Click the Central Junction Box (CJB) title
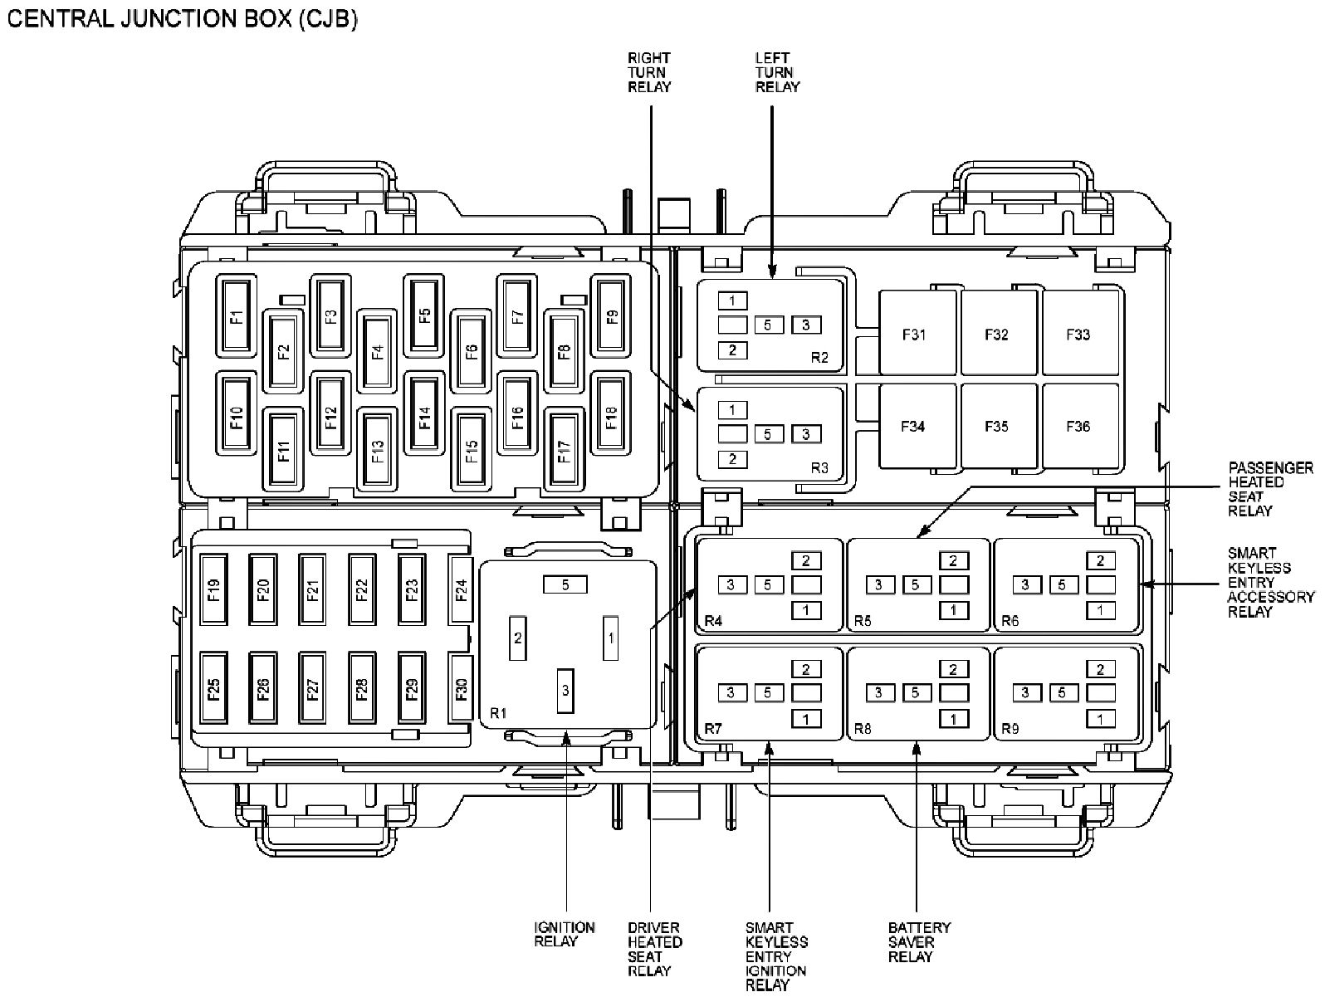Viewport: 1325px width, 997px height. [x=182, y=18]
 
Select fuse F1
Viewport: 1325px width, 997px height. [x=237, y=315]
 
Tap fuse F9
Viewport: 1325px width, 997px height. [x=612, y=315]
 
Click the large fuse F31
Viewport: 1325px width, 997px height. [x=913, y=335]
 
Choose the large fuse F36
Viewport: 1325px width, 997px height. [x=1078, y=426]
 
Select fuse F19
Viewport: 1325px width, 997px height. [x=214, y=589]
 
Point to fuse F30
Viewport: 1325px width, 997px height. [x=462, y=687]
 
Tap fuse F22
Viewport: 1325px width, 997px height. [x=362, y=589]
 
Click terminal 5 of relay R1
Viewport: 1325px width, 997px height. [x=565, y=584]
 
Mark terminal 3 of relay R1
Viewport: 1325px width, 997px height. [x=565, y=690]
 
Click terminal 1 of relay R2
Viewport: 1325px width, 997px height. [x=732, y=301]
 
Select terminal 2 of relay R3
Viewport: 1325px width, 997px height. [x=732, y=459]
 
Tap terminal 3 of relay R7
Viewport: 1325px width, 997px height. [x=731, y=692]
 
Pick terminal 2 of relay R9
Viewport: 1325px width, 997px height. [x=1101, y=668]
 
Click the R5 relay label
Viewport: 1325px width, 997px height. [x=863, y=620]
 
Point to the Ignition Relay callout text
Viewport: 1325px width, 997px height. [x=565, y=934]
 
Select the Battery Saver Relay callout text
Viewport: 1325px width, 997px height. [x=919, y=941]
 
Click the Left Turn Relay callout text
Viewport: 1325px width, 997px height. [x=777, y=72]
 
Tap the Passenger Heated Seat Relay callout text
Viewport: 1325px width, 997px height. [x=1270, y=489]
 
